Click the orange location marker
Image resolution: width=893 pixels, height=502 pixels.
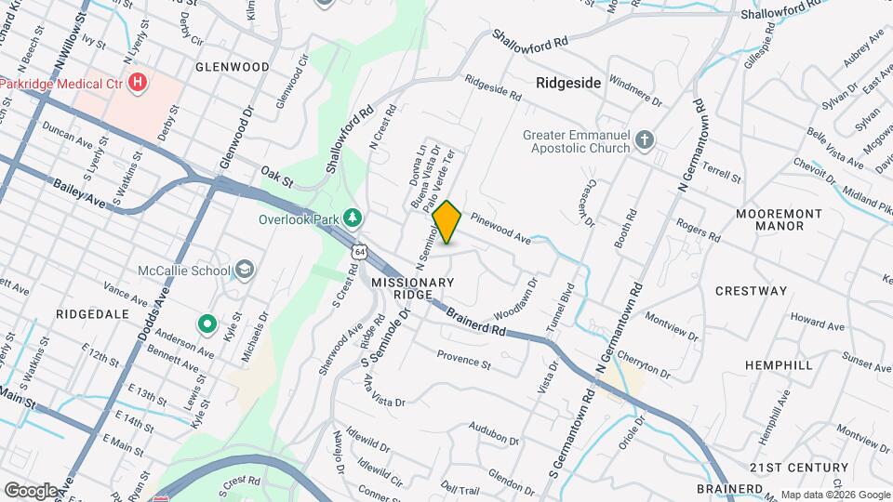(x=447, y=222)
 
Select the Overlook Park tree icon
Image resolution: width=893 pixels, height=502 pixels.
(x=353, y=218)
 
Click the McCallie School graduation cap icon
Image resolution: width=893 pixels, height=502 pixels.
(x=244, y=271)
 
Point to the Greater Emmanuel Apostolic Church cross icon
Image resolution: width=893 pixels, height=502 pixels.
(x=646, y=140)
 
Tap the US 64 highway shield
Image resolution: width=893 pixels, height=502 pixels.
(x=359, y=251)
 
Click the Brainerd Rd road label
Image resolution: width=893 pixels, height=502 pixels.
(x=474, y=322)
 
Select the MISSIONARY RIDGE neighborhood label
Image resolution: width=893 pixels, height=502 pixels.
(x=413, y=287)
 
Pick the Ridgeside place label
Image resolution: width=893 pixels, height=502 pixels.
(x=568, y=83)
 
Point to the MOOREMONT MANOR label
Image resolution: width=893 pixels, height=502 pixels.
(x=779, y=219)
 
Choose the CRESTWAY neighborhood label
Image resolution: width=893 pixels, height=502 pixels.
(x=751, y=291)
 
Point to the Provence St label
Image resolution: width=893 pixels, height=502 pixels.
(x=463, y=359)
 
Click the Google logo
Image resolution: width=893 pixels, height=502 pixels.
(x=31, y=490)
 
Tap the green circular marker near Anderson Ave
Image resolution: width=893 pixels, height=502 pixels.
(x=207, y=324)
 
